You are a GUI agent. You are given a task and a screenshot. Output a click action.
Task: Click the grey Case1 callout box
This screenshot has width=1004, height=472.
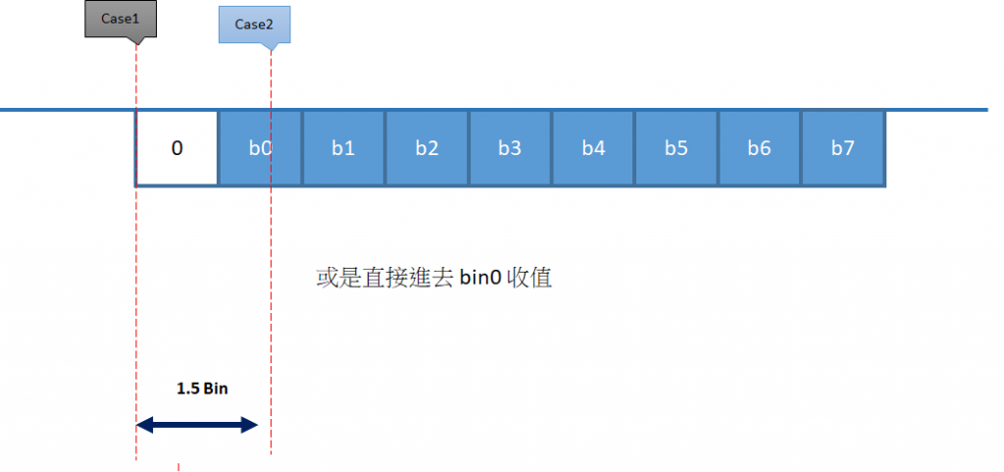point(121,19)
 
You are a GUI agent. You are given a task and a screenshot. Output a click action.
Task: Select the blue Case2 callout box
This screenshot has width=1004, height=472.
point(254,25)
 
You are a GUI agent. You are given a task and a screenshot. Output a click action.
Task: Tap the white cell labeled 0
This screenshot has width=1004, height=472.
point(176,149)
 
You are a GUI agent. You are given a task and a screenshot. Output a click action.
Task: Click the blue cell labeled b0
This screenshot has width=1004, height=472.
point(260,149)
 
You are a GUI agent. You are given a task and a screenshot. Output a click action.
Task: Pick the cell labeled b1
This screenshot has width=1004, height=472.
point(343,149)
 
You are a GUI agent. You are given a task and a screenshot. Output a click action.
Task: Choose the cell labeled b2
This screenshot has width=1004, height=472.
point(427,149)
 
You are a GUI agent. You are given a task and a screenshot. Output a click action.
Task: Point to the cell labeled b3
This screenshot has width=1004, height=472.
point(510,149)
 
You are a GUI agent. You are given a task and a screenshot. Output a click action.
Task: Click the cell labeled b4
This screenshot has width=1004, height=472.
point(593,149)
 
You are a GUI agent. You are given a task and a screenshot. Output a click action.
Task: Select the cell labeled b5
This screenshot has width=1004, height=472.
point(677,149)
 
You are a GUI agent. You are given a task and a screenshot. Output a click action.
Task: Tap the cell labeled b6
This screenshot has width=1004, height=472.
point(760,149)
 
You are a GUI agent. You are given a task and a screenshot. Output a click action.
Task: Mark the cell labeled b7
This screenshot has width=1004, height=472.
point(843,149)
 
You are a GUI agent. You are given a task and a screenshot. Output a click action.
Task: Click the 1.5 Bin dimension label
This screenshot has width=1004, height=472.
point(202,389)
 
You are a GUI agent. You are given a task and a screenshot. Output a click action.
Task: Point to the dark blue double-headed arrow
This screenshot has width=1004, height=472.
point(196,425)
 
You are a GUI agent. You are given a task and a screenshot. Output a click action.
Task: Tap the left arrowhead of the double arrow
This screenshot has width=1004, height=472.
point(143,425)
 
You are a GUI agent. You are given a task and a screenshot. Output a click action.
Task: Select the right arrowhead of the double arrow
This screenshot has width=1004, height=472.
point(250,425)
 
